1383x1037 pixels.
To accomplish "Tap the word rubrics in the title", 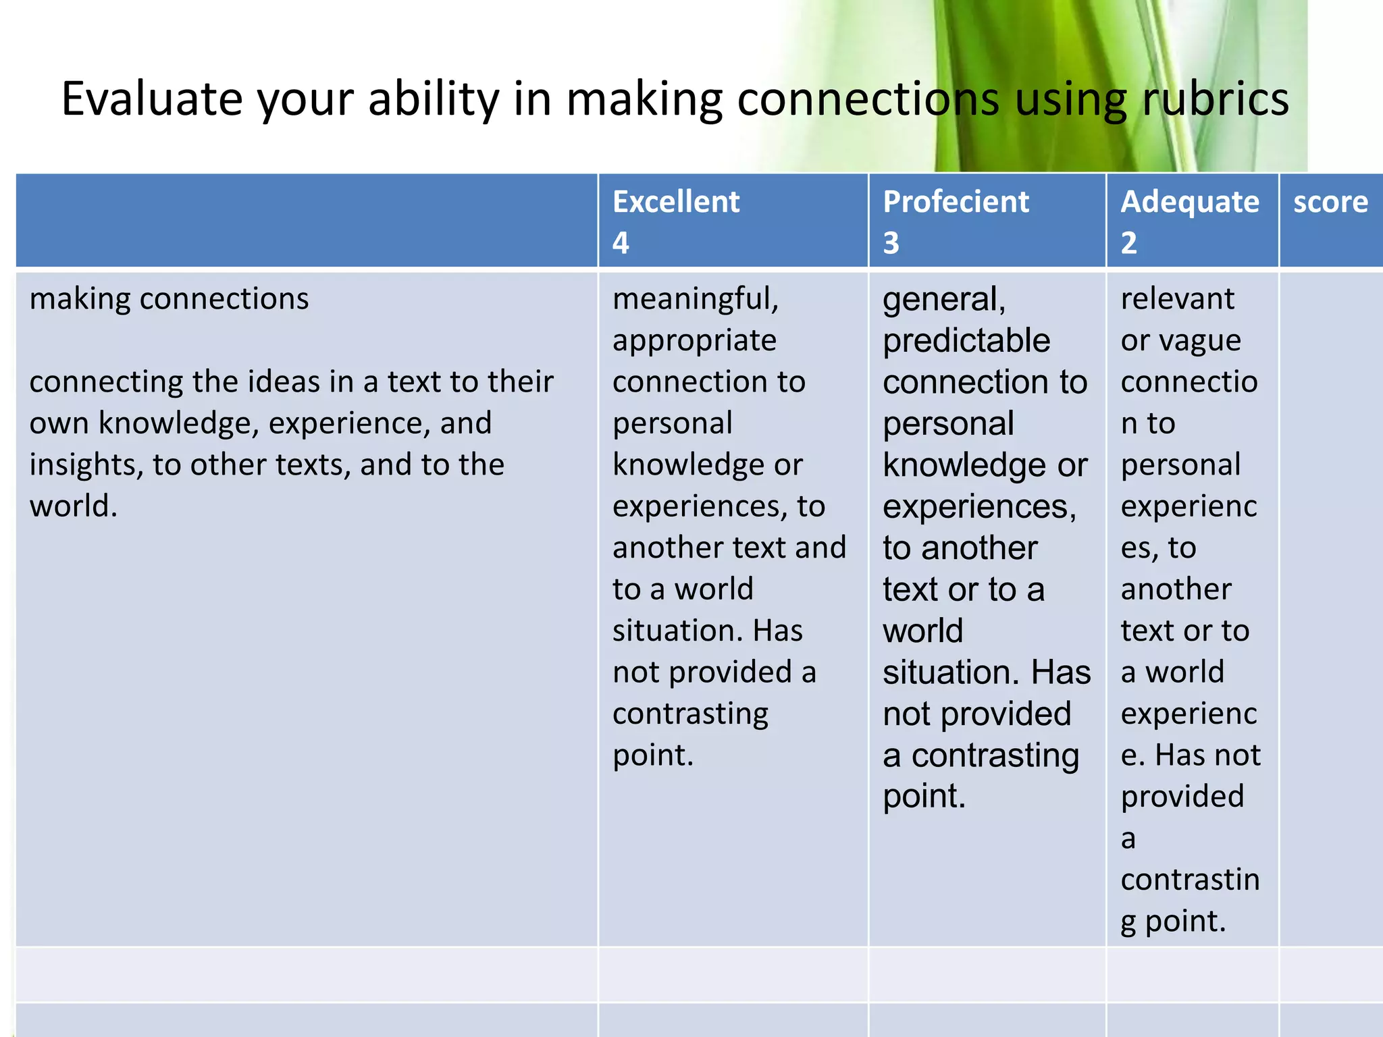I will [1215, 99].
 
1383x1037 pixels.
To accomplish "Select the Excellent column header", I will [675, 202].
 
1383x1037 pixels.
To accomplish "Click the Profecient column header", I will [956, 202].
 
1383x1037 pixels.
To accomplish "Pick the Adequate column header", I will [1189, 202].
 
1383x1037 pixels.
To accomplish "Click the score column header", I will [1330, 202].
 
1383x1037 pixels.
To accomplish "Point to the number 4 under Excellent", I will [621, 243].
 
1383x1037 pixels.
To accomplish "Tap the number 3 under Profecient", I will [891, 243].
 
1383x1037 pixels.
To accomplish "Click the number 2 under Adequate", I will [1128, 243].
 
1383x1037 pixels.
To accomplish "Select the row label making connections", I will [169, 298].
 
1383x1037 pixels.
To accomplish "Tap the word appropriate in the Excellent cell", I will [694, 341].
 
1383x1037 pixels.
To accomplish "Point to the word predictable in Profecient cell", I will [966, 341].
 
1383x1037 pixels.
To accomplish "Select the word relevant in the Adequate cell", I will [1177, 298].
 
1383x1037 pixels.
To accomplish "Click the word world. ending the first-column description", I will [73, 506].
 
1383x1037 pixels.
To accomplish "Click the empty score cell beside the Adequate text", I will [1330, 608].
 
